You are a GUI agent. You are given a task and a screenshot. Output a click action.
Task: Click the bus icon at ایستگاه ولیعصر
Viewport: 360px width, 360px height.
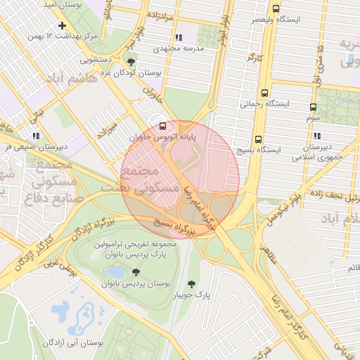[275, 10]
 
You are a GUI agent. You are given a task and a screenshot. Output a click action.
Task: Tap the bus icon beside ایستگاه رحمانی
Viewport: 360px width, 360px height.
[264, 93]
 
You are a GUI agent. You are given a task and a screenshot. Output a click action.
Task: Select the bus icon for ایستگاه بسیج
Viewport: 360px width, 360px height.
[259, 139]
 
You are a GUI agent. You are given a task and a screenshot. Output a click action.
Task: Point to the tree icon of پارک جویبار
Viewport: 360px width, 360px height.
[191, 284]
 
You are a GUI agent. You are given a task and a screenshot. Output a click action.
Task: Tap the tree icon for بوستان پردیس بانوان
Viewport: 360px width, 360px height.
[135, 272]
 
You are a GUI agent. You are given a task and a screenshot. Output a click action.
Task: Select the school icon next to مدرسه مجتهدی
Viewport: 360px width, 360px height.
[179, 37]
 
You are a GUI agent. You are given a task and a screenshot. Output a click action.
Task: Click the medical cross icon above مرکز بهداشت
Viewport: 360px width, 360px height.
[63, 25]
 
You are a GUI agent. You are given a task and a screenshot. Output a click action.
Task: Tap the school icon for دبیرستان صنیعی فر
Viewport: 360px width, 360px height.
[35, 136]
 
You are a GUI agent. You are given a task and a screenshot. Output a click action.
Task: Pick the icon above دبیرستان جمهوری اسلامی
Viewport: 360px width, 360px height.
[317, 136]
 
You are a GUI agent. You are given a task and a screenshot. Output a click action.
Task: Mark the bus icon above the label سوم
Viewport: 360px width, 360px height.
[313, 108]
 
